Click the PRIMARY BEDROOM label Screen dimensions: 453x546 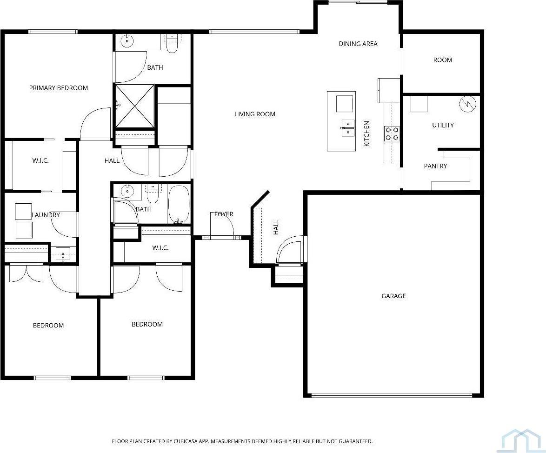59,88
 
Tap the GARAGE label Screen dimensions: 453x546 393,296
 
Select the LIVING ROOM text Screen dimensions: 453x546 255,114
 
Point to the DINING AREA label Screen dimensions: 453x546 358,44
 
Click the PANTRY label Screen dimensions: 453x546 435,166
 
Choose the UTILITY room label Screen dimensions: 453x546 443,125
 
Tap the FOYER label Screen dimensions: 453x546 224,214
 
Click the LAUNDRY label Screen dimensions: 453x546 46,215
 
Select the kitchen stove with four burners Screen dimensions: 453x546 391,133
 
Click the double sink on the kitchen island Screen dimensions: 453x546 347,128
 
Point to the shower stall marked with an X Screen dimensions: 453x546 135,107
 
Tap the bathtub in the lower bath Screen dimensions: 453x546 179,205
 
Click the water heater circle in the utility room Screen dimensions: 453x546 467,104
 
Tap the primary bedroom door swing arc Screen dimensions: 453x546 95,123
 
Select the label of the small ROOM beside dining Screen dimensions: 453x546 443,60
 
